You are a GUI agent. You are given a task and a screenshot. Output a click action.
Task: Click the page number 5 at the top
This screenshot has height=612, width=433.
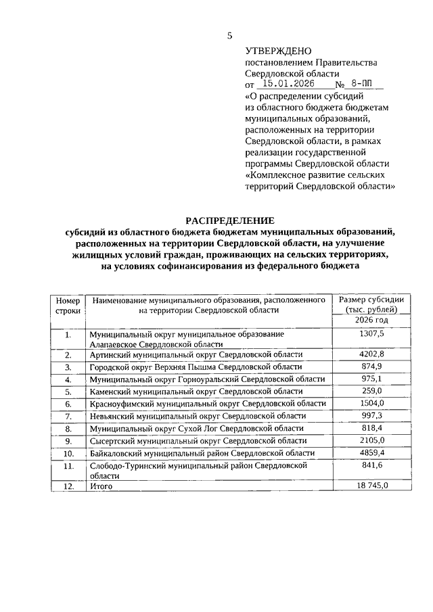pyautogui.click(x=229, y=35)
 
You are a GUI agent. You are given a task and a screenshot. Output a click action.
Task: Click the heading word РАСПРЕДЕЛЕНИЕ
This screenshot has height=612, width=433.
pyautogui.click(x=230, y=220)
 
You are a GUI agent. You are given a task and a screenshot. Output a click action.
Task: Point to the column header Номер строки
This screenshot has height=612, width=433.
pyautogui.click(x=68, y=305)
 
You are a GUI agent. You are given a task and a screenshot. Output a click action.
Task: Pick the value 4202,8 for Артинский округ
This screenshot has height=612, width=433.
pyautogui.click(x=371, y=354)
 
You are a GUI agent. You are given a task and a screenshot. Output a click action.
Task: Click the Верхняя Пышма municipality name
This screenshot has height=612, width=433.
pyautogui.click(x=196, y=367)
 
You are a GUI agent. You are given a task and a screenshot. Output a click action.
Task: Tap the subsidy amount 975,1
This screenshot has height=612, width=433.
pyautogui.click(x=371, y=379)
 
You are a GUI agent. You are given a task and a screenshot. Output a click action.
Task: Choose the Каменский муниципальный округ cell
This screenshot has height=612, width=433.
pyautogui.click(x=196, y=391)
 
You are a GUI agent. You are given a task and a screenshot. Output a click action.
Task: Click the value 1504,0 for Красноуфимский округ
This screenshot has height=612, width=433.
pyautogui.click(x=371, y=403)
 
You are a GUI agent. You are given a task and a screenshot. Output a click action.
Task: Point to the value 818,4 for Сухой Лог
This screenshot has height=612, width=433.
pyautogui.click(x=371, y=428)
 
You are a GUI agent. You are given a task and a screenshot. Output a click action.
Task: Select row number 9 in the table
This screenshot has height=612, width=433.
pyautogui.click(x=68, y=441)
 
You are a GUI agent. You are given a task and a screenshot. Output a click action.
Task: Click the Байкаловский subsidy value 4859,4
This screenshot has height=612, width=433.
pyautogui.click(x=371, y=453)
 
